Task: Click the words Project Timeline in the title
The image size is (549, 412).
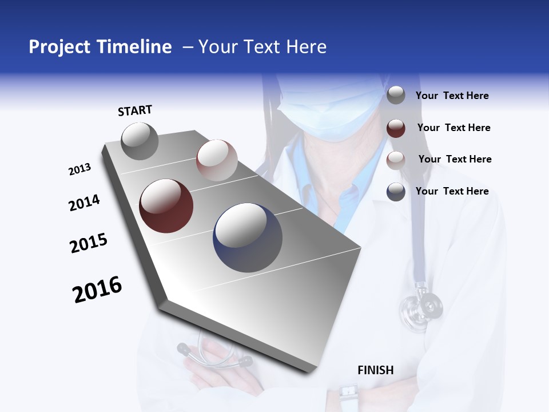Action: click(x=100, y=47)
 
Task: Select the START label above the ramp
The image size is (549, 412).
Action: click(x=135, y=110)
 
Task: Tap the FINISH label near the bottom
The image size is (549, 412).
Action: click(x=376, y=370)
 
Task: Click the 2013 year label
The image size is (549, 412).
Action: click(x=79, y=169)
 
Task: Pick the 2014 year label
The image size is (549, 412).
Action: click(x=84, y=203)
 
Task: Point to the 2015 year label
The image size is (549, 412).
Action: click(x=89, y=243)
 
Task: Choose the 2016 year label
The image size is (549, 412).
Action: click(x=97, y=290)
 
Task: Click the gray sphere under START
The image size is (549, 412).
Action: click(x=140, y=141)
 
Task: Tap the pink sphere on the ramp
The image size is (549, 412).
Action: click(x=217, y=160)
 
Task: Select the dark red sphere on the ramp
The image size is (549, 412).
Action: click(x=166, y=206)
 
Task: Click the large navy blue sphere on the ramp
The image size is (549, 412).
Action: click(x=248, y=237)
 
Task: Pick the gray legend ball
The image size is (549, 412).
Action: click(x=396, y=96)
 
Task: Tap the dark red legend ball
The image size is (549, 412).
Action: click(x=396, y=128)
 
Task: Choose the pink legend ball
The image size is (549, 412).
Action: click(x=396, y=160)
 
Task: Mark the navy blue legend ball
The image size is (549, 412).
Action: click(x=396, y=192)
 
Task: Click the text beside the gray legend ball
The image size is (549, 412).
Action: click(x=452, y=96)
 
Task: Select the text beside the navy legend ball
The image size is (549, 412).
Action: click(x=452, y=191)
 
